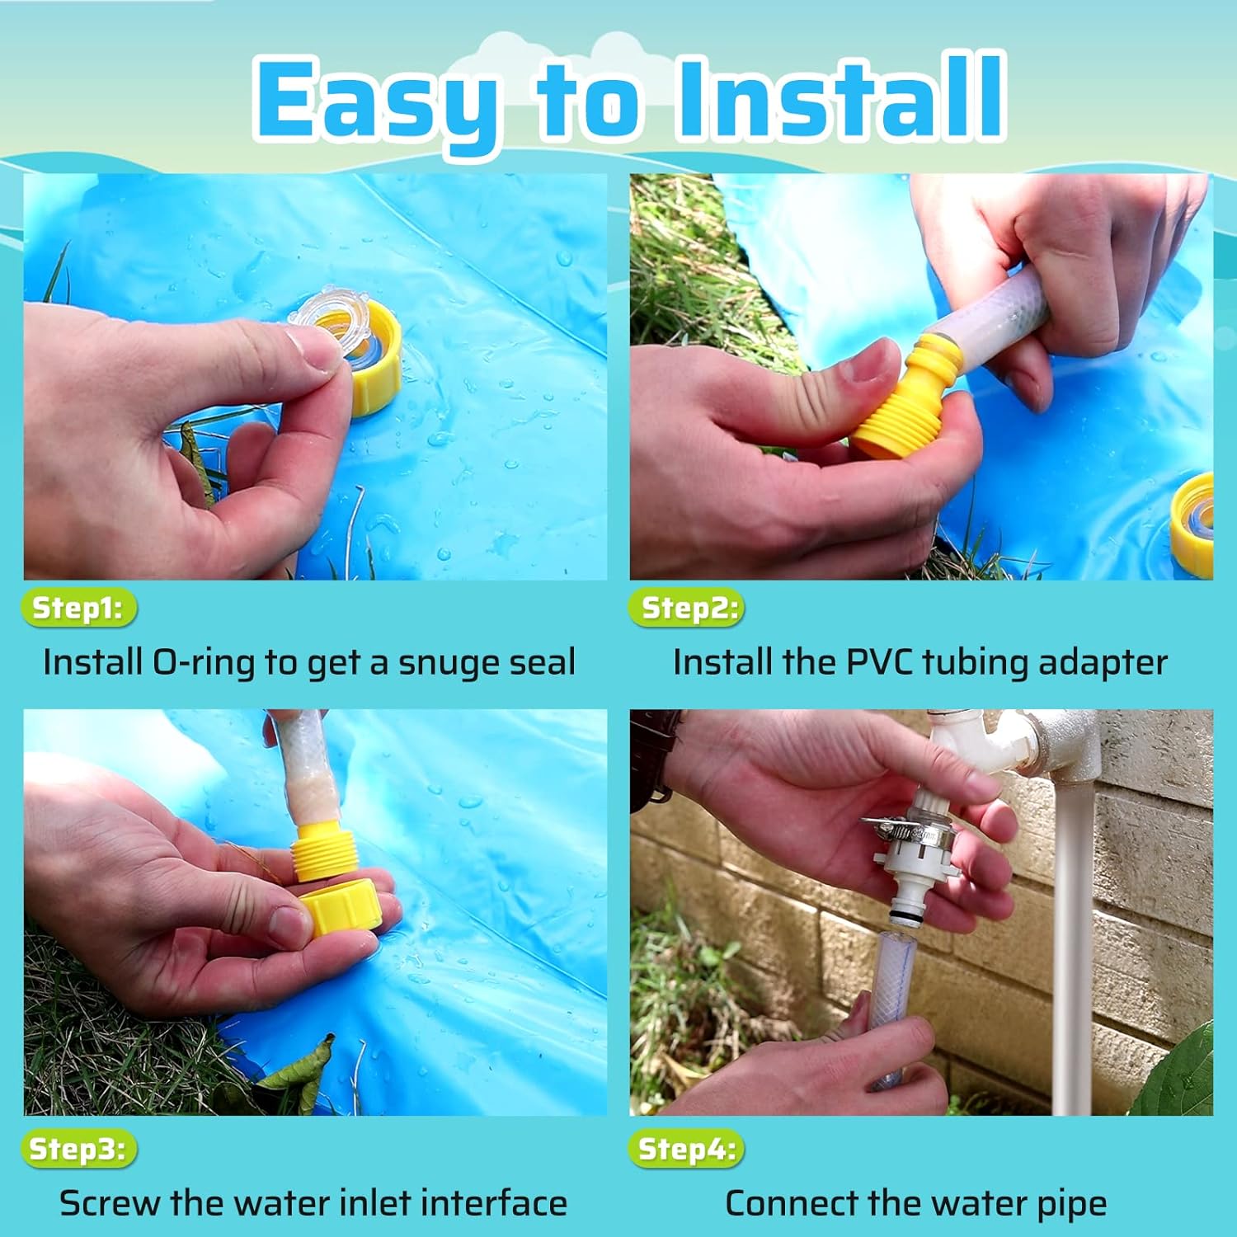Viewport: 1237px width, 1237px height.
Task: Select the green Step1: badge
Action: (x=78, y=609)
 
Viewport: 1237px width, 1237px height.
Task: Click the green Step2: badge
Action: (x=687, y=609)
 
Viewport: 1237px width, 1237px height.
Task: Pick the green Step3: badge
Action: (x=78, y=1149)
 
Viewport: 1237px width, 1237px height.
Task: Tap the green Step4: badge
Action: (x=686, y=1149)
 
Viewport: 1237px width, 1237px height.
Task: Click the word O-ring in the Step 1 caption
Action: (x=204, y=663)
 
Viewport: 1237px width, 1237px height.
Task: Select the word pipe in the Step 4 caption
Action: (x=1071, y=1205)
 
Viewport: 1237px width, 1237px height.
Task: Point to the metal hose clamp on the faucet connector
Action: (x=907, y=831)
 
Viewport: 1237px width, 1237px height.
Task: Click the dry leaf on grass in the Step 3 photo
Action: (x=301, y=1072)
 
